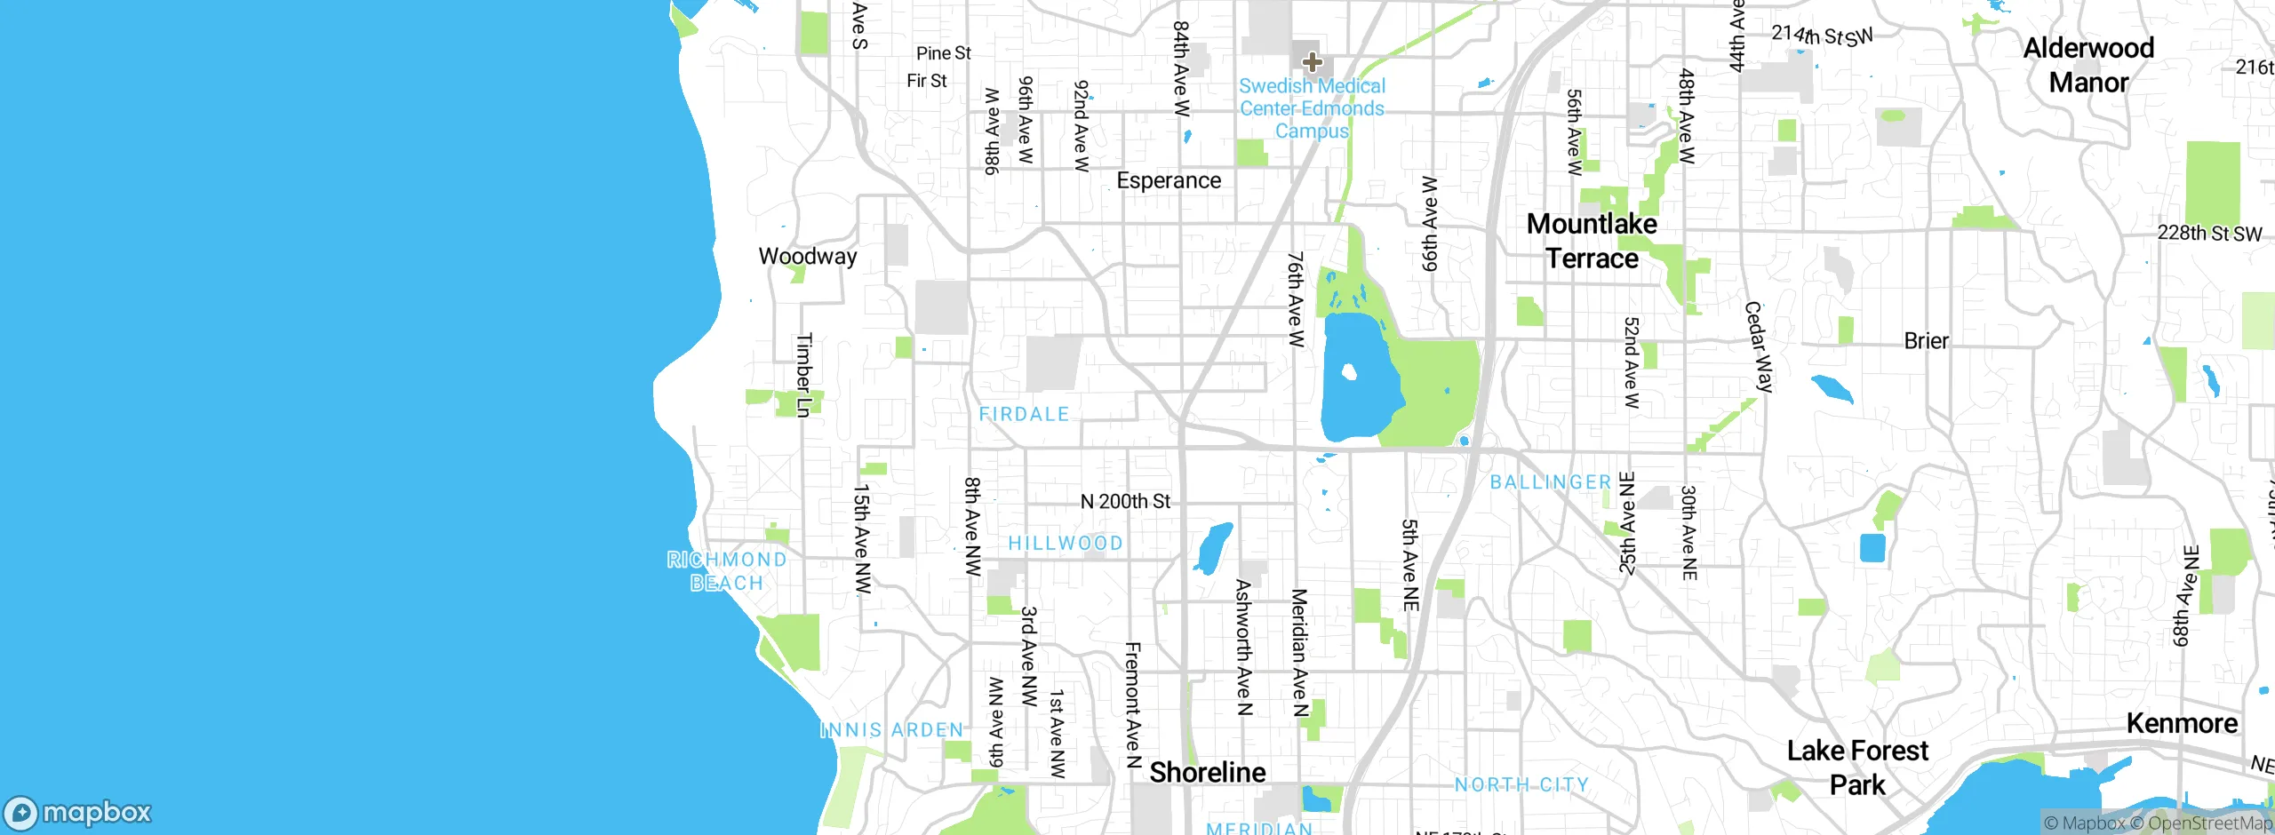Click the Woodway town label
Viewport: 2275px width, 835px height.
[x=807, y=257]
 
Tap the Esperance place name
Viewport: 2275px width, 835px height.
[x=1169, y=181]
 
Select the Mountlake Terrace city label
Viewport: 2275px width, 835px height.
[x=1592, y=242]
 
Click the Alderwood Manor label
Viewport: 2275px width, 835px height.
[x=2088, y=65]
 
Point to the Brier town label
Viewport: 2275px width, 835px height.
[x=1926, y=341]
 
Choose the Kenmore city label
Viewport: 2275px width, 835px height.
[x=2182, y=724]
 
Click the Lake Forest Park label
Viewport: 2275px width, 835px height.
[x=1857, y=767]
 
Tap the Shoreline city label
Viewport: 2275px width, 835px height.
[x=1208, y=773]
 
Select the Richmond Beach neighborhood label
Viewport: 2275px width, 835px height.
[x=727, y=571]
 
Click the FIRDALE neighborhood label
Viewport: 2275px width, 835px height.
[x=1024, y=414]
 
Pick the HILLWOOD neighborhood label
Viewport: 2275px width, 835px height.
[x=1066, y=544]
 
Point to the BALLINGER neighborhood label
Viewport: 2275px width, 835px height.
[x=1551, y=482]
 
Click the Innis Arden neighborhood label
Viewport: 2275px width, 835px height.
[x=892, y=730]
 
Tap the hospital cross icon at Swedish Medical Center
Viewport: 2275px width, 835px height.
[x=1312, y=62]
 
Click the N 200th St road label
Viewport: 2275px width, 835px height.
[x=1125, y=502]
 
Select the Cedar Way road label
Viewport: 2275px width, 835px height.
[x=1759, y=347]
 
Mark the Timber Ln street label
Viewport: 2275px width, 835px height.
[x=803, y=375]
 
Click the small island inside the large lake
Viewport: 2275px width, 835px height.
[x=1349, y=371]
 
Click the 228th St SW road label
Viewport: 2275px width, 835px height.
[x=2209, y=234]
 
